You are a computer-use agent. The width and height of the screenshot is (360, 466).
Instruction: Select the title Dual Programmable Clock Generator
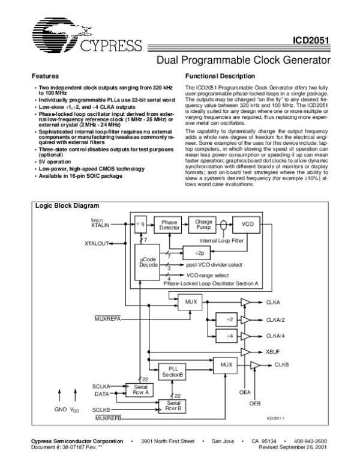pos(244,60)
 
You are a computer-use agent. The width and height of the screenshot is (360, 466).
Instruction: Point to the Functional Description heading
pos(221,77)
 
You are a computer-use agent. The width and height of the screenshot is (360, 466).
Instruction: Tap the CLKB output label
pos(281,365)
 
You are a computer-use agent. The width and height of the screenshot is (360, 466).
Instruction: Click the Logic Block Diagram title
pos(65,206)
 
